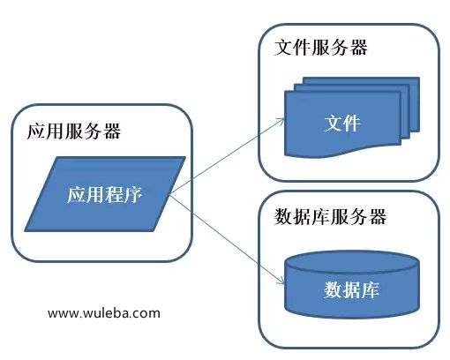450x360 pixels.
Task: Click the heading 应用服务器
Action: coord(74,131)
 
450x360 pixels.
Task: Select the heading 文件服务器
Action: coord(321,48)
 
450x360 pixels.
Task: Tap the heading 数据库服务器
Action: coord(330,217)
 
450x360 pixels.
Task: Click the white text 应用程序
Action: coord(105,194)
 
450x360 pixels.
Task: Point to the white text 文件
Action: coord(342,123)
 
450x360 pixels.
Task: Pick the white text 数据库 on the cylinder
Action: coord(351,289)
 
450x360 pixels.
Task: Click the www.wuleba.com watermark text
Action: coord(104,313)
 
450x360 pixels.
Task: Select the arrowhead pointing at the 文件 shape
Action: coord(281,120)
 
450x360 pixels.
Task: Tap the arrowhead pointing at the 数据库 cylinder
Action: coord(281,281)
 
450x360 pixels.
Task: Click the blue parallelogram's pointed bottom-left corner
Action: coord(25,230)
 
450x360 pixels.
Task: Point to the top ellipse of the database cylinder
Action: coord(352,262)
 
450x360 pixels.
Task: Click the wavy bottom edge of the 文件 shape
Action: coord(342,151)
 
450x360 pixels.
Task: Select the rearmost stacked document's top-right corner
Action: coord(419,78)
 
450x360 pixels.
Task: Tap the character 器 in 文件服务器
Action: coord(359,48)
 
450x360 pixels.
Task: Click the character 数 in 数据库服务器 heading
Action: coord(283,217)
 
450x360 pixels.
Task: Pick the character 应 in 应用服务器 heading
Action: coord(35,131)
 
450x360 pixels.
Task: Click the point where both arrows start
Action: coord(170,193)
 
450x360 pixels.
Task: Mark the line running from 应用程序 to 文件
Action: coord(228,156)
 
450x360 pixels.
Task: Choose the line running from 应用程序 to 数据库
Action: coord(228,238)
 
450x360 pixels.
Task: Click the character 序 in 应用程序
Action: coord(134,194)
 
